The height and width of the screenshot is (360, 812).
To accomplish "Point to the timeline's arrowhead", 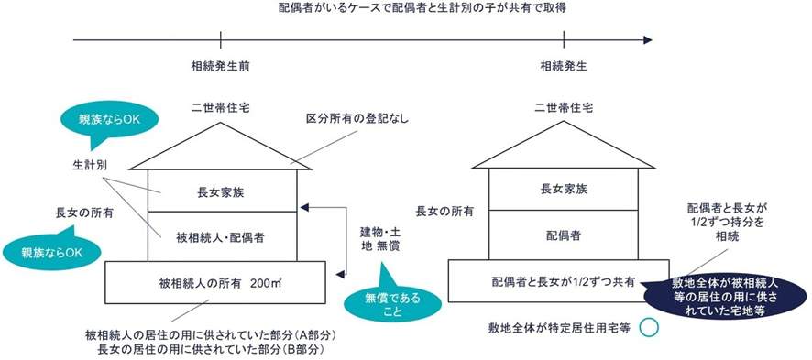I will [648, 40].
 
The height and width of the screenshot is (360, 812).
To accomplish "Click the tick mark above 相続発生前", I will [221, 40].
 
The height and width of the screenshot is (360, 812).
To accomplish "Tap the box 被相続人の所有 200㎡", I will [214, 280].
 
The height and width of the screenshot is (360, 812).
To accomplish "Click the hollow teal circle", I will [649, 327].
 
